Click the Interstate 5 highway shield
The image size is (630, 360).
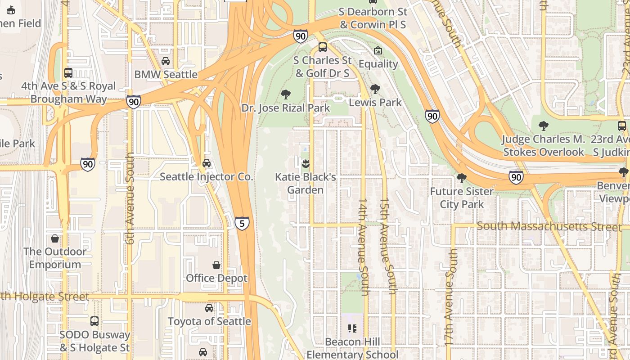242,223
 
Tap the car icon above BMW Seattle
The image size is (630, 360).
166,61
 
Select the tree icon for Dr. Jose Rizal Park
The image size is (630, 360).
285,94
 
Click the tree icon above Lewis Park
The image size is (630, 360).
375,89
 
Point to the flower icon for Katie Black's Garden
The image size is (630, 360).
306,163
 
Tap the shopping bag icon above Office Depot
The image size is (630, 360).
216,265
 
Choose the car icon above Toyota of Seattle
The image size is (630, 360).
209,308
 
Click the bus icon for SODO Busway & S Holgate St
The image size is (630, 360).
94,321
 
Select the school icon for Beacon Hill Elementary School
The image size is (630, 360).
352,328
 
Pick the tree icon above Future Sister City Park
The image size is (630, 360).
461,178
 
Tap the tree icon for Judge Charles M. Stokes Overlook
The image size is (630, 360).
543,126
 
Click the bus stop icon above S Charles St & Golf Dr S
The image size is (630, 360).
322,47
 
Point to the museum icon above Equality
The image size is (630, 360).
378,50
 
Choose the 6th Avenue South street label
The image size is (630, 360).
130,198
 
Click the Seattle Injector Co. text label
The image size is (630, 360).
207,177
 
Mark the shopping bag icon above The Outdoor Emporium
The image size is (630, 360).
55,238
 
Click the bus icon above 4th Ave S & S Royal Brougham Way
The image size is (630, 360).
68,72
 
